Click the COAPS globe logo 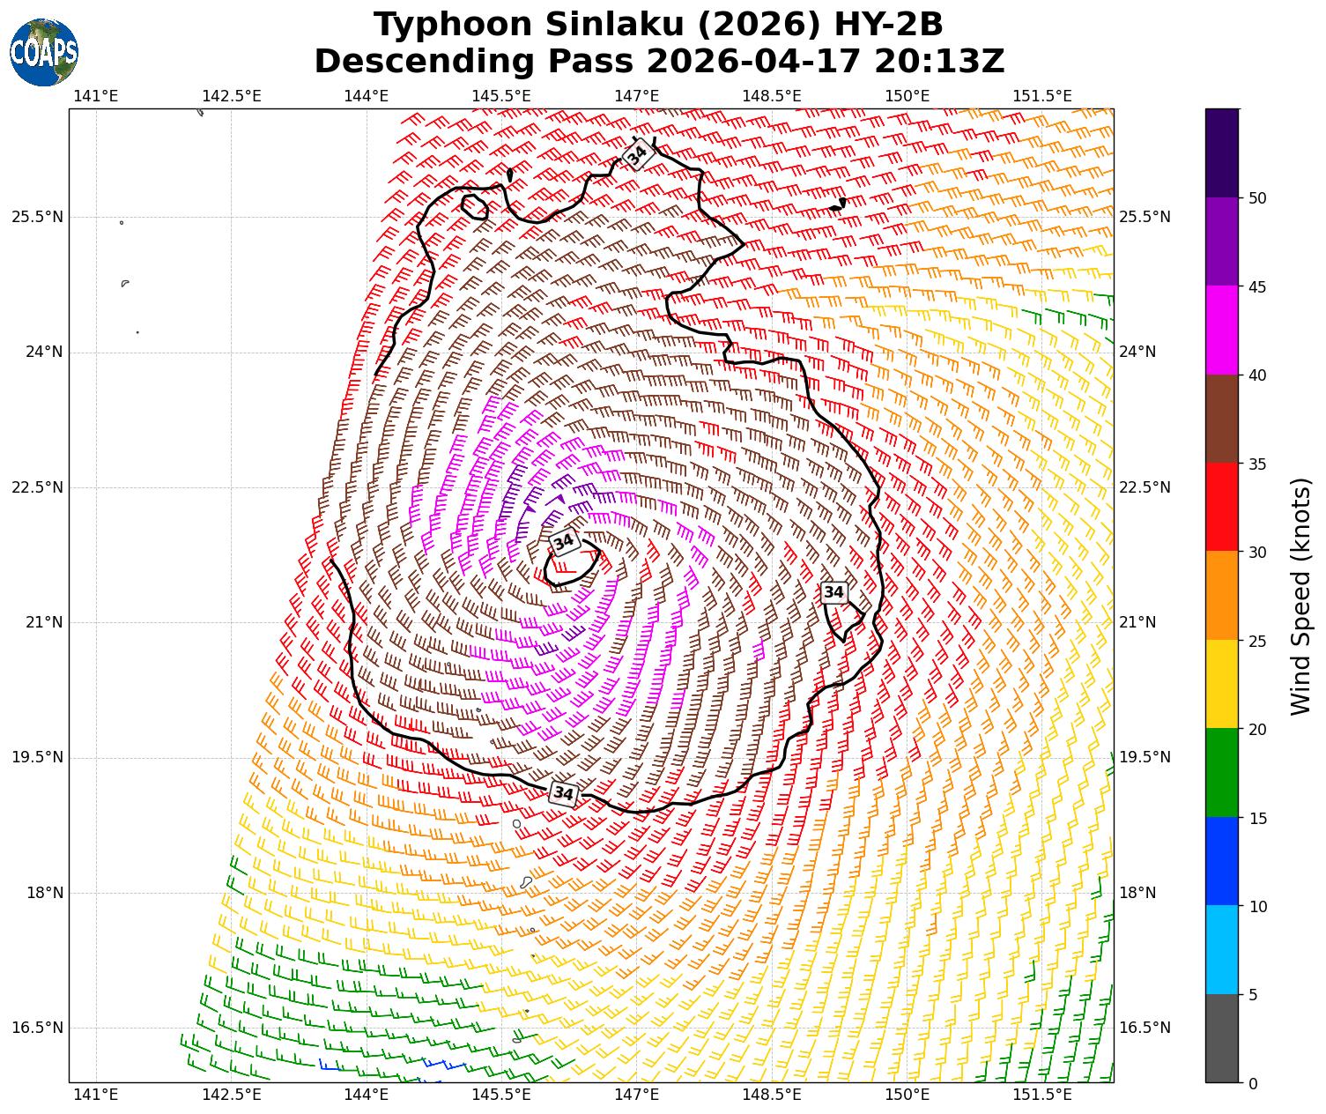click(x=44, y=53)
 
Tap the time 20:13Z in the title click(x=939, y=62)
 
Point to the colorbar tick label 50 click(x=1258, y=198)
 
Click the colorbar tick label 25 click(x=1258, y=641)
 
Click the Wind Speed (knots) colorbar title click(x=1300, y=596)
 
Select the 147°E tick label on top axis click(x=637, y=95)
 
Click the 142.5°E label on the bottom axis click(x=232, y=1095)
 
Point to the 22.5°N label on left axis click(x=37, y=487)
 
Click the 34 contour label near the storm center click(x=564, y=542)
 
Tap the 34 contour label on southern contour click(x=563, y=793)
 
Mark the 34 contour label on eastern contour click(x=833, y=592)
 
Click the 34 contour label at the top click(x=638, y=154)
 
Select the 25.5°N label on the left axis click(x=37, y=217)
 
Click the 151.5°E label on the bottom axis click(x=1042, y=1095)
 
